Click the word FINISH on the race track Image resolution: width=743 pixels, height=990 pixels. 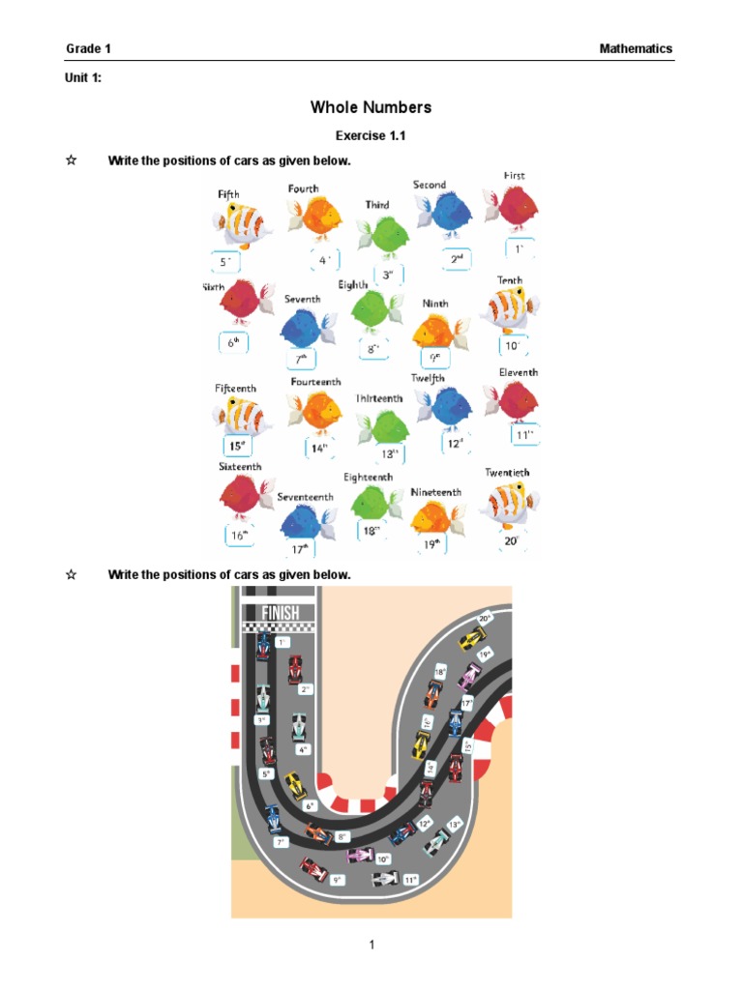click(x=281, y=612)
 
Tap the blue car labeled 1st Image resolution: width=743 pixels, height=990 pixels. click(x=262, y=647)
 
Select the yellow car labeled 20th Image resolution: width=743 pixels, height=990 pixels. click(x=472, y=638)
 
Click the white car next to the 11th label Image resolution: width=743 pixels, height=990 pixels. click(x=385, y=879)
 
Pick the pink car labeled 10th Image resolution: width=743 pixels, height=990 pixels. click(x=360, y=855)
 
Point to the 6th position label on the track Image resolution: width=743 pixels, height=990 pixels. click(x=311, y=805)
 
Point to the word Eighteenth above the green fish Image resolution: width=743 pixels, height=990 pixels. click(x=369, y=478)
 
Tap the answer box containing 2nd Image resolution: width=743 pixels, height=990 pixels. click(x=458, y=259)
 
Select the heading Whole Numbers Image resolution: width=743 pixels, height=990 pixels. click(x=371, y=107)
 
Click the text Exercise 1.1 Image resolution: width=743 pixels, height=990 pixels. click(x=371, y=136)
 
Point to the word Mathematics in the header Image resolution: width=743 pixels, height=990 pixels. click(x=635, y=48)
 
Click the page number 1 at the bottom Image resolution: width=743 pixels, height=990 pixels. click(x=371, y=946)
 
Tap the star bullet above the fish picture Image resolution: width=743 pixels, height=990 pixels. click(x=71, y=160)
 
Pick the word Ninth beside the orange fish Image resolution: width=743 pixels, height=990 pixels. click(x=435, y=304)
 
